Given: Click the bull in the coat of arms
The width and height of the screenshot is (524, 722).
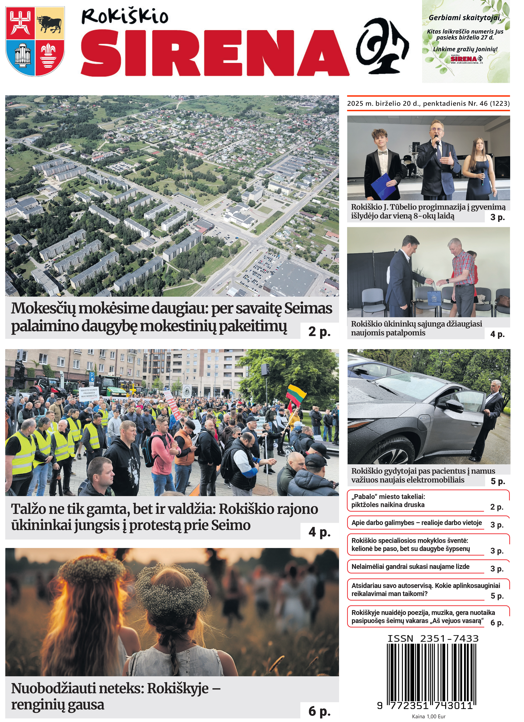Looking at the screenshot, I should tap(49, 24).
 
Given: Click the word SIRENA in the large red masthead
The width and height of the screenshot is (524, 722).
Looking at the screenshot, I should tap(215, 52).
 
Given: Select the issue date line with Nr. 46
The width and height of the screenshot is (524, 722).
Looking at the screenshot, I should tap(428, 104).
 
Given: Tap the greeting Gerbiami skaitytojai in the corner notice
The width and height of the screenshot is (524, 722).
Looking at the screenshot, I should tap(465, 17).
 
